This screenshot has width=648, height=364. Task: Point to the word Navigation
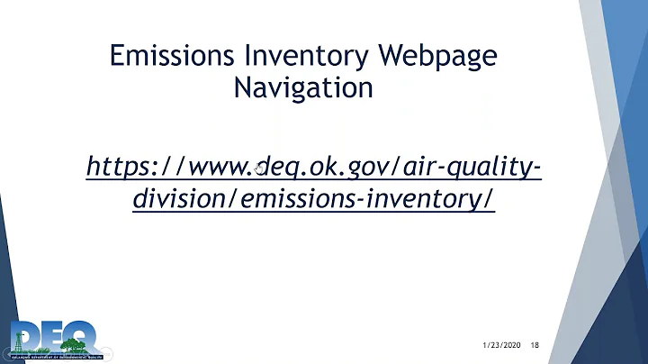(x=302, y=87)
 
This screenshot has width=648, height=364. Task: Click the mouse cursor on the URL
(x=259, y=168)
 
